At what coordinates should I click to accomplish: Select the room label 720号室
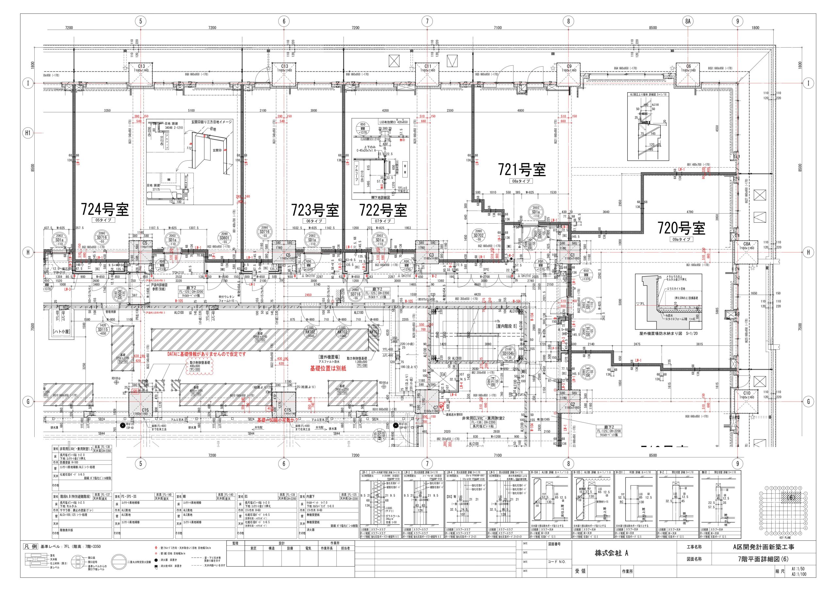tap(681, 228)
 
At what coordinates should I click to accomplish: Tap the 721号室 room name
tap(522, 170)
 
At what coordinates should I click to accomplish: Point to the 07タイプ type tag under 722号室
tap(383, 221)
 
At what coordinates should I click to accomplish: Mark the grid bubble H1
tap(28, 133)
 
